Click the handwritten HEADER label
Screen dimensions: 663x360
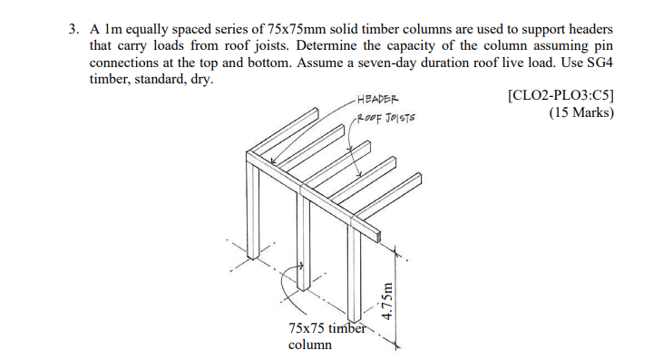click(x=375, y=99)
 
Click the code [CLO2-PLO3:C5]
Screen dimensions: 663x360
click(x=563, y=96)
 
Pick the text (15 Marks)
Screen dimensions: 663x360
click(x=581, y=113)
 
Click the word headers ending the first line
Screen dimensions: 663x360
click(x=591, y=29)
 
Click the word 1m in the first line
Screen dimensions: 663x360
click(x=115, y=29)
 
